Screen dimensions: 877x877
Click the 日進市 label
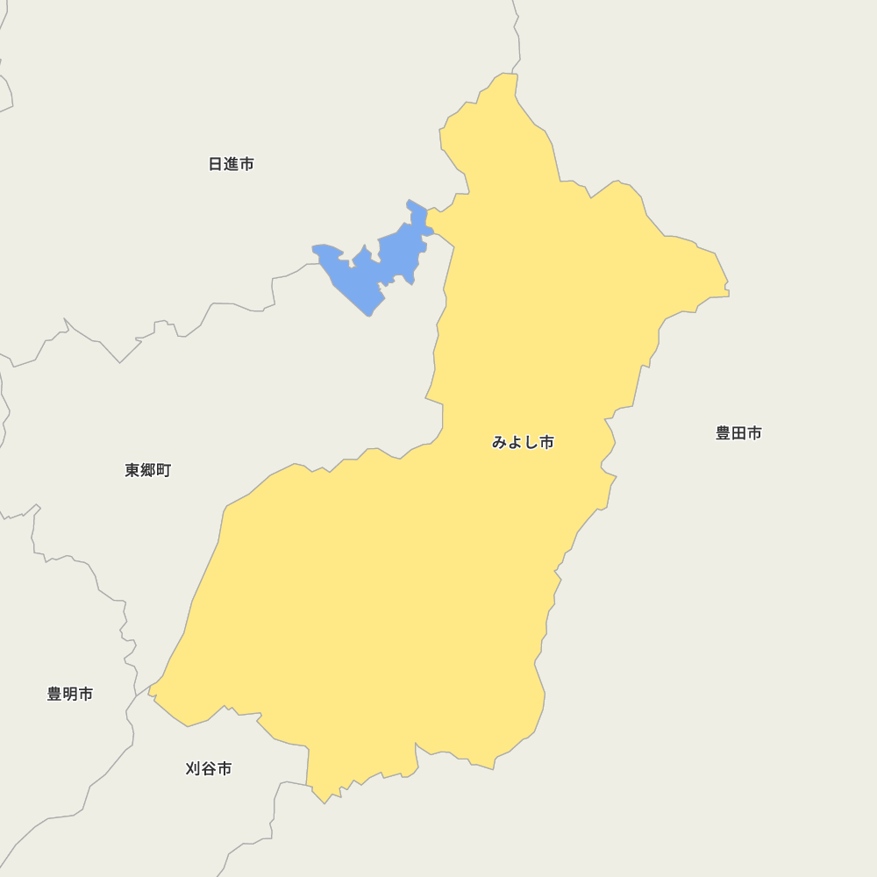[232, 164]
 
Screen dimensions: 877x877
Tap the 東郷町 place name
[148, 470]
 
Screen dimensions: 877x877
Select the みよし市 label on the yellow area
[523, 442]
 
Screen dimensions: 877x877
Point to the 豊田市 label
[738, 432]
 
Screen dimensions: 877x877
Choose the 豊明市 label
[70, 694]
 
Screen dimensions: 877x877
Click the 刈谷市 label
[209, 768]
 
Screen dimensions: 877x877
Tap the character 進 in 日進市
[232, 164]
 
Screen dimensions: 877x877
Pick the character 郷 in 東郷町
[148, 470]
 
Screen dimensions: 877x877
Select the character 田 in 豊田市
[738, 432]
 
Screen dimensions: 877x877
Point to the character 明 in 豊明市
[70, 694]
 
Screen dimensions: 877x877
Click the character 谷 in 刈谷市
[209, 768]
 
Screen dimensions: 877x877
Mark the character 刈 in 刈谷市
[193, 768]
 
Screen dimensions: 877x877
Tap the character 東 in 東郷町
[132, 470]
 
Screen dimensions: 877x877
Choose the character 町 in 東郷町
[164, 470]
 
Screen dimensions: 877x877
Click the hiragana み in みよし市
[499, 442]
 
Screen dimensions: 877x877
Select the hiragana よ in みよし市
[515, 442]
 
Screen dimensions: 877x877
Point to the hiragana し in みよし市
[531, 442]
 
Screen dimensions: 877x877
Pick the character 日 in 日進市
[216, 164]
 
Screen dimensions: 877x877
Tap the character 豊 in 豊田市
[723, 432]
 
